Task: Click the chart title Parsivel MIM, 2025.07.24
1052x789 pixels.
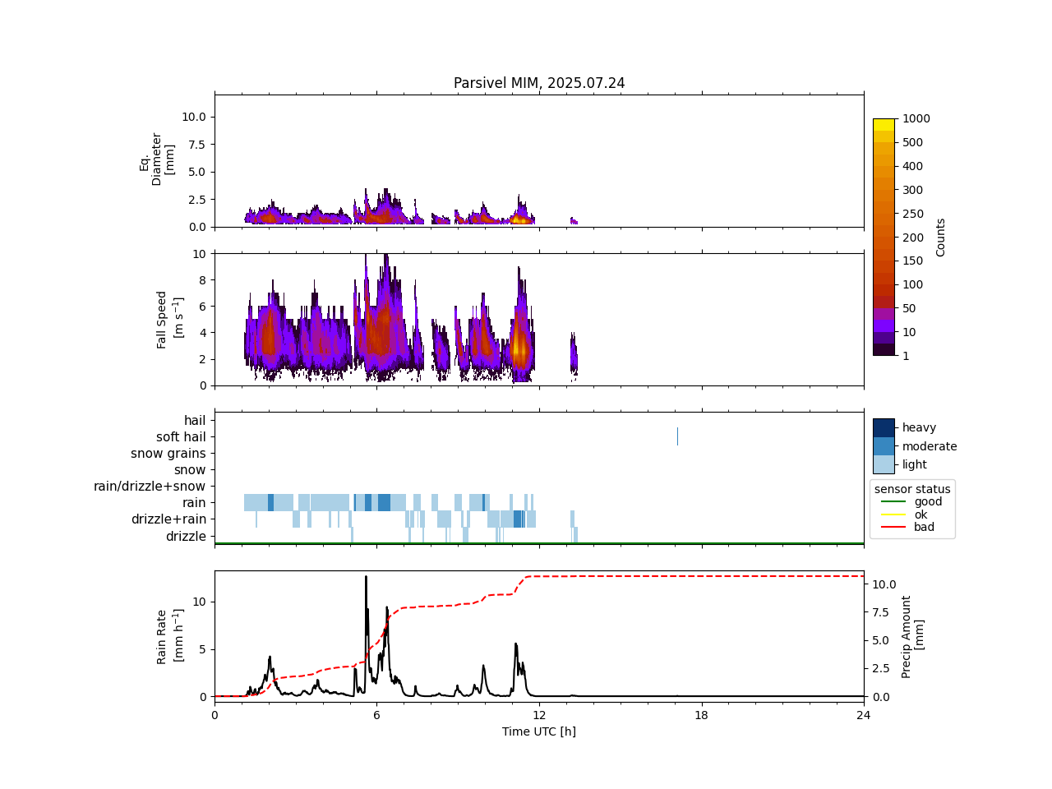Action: [x=539, y=83]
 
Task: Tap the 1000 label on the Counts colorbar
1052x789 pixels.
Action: [x=916, y=118]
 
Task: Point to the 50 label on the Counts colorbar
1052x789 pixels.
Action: [x=909, y=308]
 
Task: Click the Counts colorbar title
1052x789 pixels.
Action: [x=941, y=237]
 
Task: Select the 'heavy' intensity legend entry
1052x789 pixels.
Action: [x=919, y=427]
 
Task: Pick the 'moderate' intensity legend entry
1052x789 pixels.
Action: [x=929, y=446]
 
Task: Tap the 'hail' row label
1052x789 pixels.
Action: [x=195, y=421]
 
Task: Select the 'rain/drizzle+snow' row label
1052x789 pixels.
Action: [x=150, y=487]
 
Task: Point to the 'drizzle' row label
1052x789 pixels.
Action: [x=186, y=537]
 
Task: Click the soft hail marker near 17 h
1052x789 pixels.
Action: [x=677, y=436]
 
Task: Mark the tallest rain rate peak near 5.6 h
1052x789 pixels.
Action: [x=366, y=577]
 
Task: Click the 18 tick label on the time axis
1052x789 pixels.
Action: [x=701, y=715]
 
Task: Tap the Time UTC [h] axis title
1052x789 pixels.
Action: [x=539, y=731]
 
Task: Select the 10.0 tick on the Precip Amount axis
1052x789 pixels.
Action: [x=884, y=584]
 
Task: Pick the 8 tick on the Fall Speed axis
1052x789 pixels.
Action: [x=201, y=280]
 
